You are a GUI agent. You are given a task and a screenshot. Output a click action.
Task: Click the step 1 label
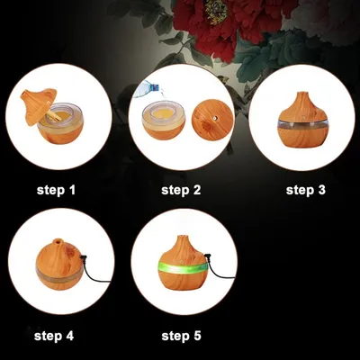click(x=56, y=190)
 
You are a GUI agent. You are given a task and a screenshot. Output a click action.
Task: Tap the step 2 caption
click(x=181, y=190)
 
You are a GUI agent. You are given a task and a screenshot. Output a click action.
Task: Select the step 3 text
click(x=305, y=190)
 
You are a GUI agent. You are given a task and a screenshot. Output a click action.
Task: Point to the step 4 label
click(x=54, y=336)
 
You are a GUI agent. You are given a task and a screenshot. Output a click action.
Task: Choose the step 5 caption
click(x=181, y=336)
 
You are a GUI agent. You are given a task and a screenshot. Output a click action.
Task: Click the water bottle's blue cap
click(x=155, y=88)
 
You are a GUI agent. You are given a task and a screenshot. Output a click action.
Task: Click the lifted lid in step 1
click(x=38, y=106)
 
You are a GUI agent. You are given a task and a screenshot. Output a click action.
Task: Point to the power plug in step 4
click(x=84, y=257)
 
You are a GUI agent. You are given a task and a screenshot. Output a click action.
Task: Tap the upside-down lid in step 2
click(x=212, y=120)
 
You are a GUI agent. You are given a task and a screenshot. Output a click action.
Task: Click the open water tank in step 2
click(x=164, y=120)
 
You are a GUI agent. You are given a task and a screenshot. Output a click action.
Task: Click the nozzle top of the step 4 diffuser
click(x=58, y=240)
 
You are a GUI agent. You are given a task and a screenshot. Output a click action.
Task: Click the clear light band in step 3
click(x=303, y=124)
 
